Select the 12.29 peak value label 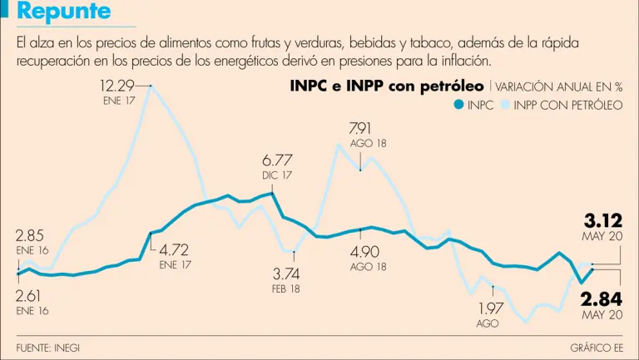[117, 85]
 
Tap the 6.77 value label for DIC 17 [277, 160]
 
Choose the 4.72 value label [175, 249]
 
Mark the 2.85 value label [31, 234]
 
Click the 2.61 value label [31, 294]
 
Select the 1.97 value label [491, 308]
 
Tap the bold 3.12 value [603, 221]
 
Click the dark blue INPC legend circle [457, 105]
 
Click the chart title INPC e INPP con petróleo [387, 86]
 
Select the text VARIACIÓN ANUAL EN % [559, 86]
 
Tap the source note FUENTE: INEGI [48, 347]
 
